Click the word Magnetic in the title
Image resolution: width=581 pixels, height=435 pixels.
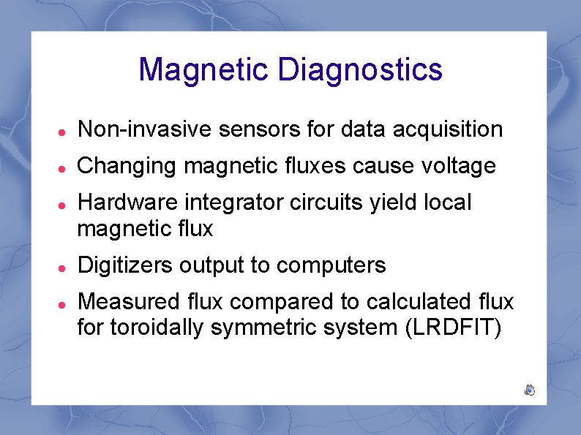[204, 70]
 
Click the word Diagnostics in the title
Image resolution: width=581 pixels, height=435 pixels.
[360, 70]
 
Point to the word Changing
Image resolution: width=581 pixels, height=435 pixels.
[127, 166]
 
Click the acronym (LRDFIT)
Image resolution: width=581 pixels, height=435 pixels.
[453, 328]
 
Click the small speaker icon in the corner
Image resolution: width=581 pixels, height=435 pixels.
[529, 390]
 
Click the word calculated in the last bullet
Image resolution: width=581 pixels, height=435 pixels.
[421, 301]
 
